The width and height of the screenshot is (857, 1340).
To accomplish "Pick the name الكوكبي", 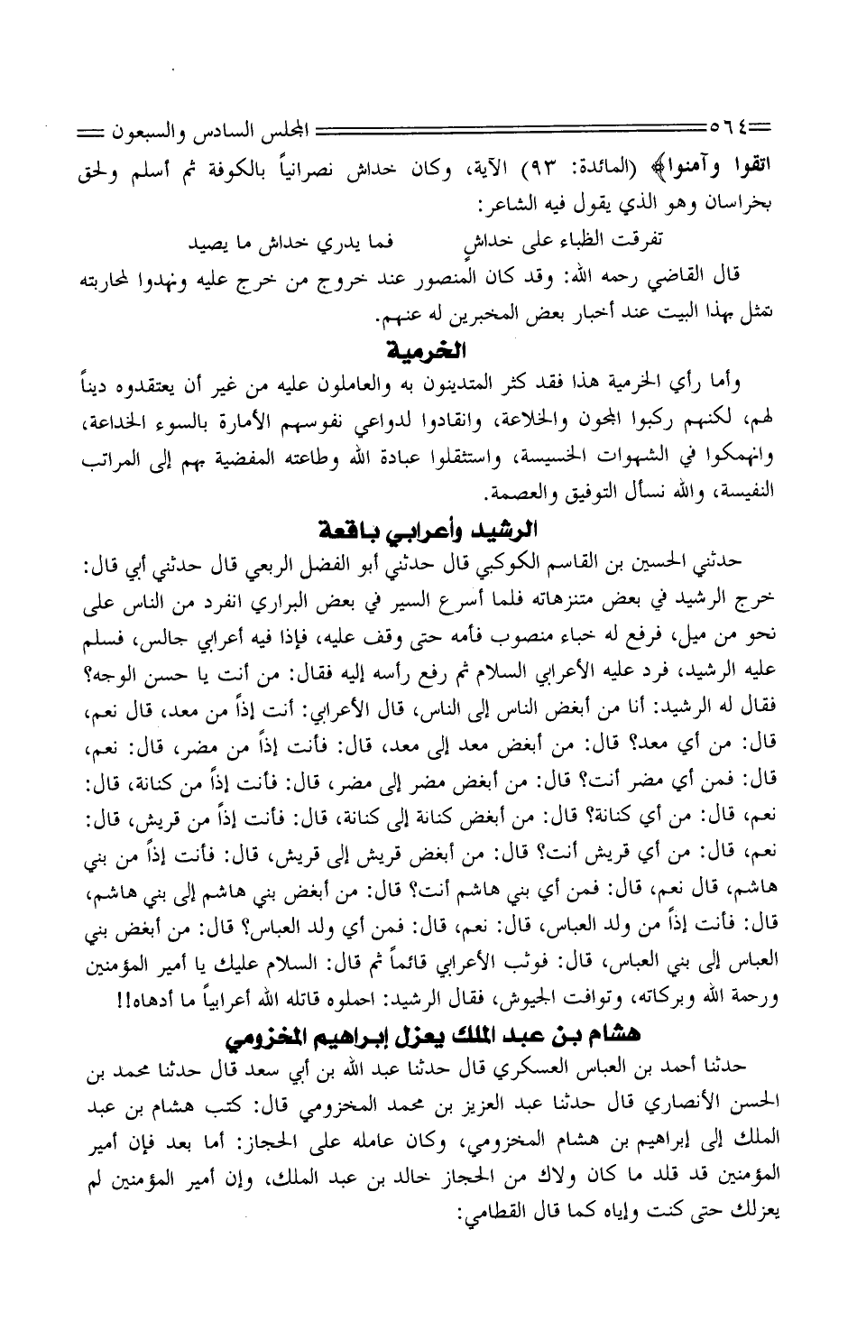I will point(539,561).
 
